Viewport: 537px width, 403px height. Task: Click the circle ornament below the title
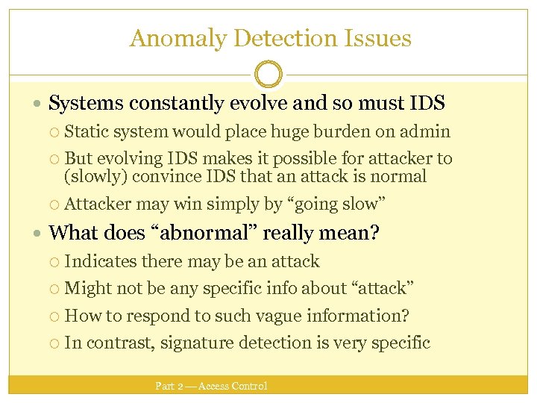268,75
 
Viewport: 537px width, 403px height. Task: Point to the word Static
86,132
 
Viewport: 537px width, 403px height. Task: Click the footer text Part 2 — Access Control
211,386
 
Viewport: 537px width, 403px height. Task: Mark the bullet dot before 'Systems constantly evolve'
38,104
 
